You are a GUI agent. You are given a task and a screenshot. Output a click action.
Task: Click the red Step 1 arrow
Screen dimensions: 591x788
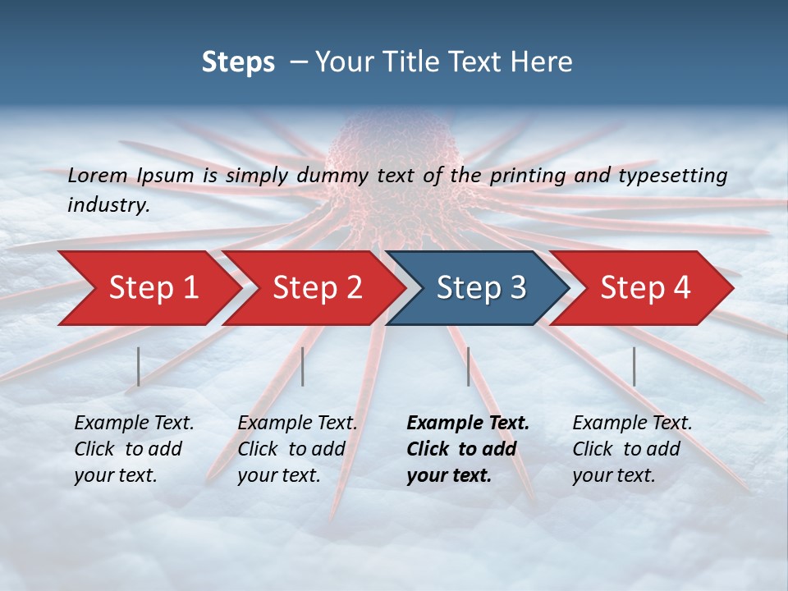click(x=148, y=288)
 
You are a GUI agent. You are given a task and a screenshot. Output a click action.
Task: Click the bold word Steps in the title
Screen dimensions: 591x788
click(x=238, y=62)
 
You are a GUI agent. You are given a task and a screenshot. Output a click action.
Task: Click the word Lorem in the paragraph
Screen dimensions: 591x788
click(x=96, y=175)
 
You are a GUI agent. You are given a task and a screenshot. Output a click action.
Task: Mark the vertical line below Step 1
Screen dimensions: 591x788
click(x=139, y=366)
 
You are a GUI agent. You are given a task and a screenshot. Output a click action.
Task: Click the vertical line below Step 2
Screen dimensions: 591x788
click(x=303, y=366)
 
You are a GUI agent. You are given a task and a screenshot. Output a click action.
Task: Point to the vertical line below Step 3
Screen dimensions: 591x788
click(x=468, y=366)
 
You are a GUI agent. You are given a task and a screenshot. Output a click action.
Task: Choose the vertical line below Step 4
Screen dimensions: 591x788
click(x=634, y=366)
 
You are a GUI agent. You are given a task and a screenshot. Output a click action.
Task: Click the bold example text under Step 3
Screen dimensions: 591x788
click(x=467, y=449)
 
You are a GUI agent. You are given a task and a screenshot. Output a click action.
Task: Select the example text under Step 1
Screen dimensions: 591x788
click(x=134, y=449)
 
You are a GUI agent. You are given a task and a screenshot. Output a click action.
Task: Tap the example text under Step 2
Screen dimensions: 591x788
click(x=297, y=449)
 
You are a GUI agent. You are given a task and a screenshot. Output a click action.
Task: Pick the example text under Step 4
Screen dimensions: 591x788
click(x=632, y=449)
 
